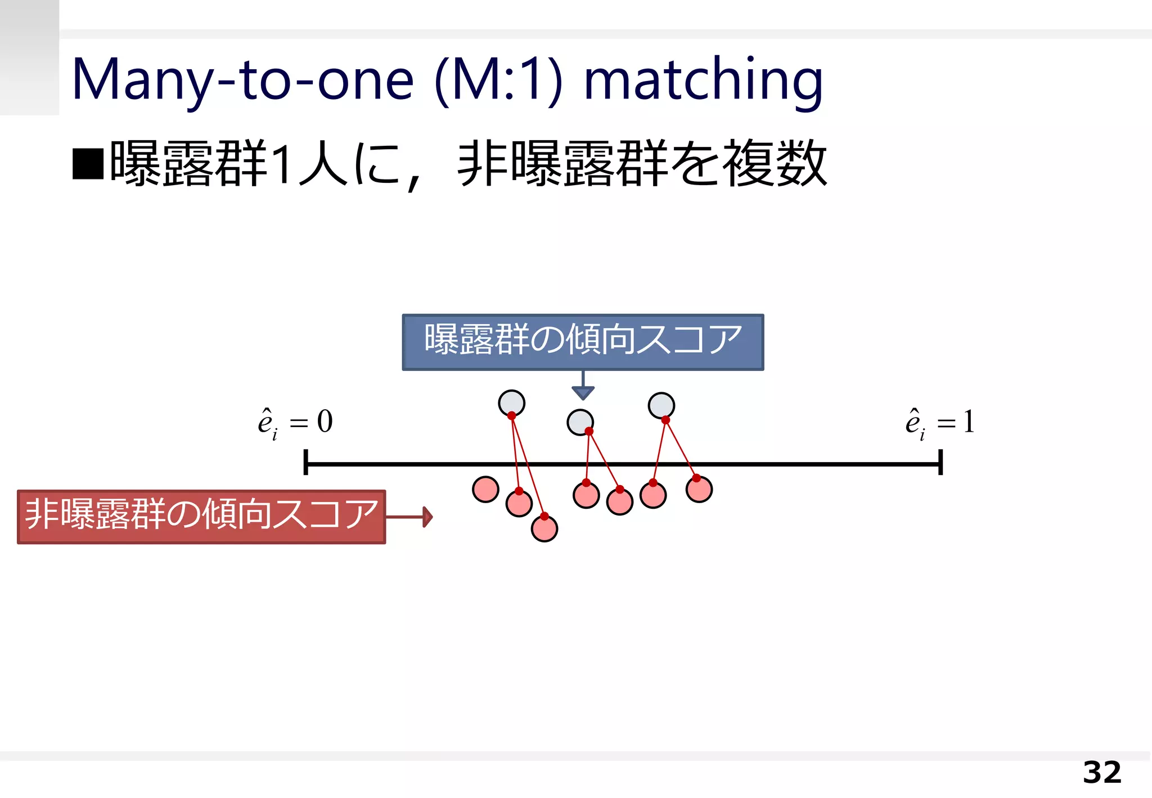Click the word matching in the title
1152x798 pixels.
(x=703, y=80)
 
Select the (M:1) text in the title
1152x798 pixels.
(x=498, y=80)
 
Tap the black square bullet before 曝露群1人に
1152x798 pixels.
(x=88, y=164)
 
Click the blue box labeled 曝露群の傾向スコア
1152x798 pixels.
(x=583, y=342)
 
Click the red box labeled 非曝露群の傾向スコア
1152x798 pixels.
(x=201, y=516)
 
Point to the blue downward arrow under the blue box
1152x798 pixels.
(x=583, y=388)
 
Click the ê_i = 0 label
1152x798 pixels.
(x=295, y=423)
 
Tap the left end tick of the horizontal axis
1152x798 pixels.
(x=305, y=462)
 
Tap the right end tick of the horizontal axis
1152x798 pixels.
(x=940, y=462)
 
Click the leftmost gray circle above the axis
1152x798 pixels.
(x=511, y=403)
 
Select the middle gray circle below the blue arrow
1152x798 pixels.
(x=580, y=422)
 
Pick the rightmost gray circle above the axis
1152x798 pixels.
(x=661, y=405)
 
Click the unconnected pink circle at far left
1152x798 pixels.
(x=485, y=489)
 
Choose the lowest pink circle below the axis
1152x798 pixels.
(x=544, y=529)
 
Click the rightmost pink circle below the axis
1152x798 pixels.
(x=699, y=489)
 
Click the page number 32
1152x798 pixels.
(x=1101, y=773)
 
